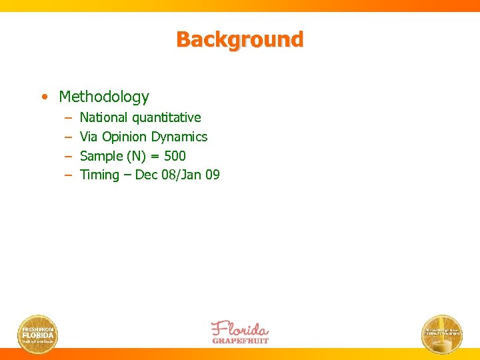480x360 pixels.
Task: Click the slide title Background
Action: coord(239,39)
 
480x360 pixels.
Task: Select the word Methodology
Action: coord(104,97)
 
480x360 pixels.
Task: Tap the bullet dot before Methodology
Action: coord(43,97)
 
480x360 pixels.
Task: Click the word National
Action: coord(103,118)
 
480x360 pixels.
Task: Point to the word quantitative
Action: coord(166,118)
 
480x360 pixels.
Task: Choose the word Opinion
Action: coord(124,137)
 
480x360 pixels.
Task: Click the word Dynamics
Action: coord(179,137)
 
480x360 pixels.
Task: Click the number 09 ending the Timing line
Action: coord(212,175)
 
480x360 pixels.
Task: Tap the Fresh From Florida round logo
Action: coord(38,333)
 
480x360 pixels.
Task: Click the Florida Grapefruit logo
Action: coord(239,332)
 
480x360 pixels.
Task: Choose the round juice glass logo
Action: coord(441,333)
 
